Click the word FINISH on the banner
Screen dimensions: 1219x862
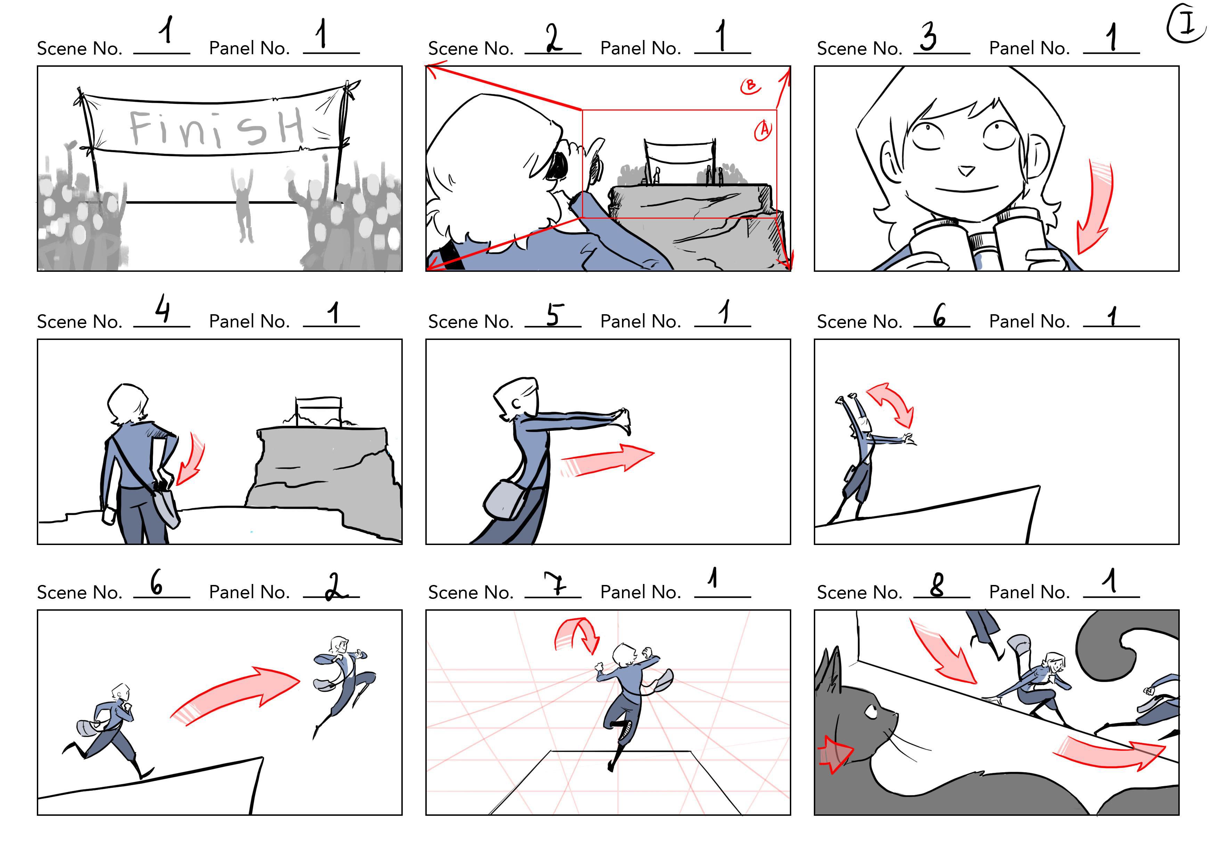click(216, 128)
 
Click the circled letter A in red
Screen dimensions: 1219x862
click(763, 130)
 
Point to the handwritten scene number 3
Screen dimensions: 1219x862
click(928, 36)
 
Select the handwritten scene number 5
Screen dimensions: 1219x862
click(553, 315)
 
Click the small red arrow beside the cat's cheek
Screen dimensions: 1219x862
click(835, 754)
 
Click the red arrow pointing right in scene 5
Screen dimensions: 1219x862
click(607, 460)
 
